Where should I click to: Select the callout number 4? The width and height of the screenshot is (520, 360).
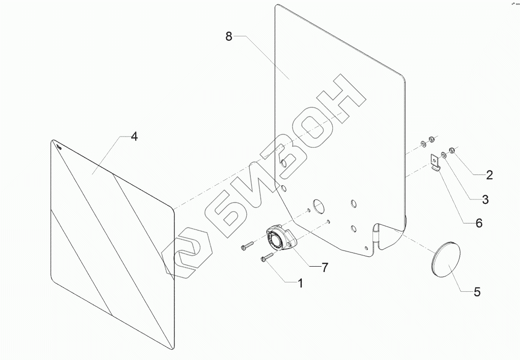[x=134, y=137]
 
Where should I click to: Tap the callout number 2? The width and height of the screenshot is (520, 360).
[x=489, y=174]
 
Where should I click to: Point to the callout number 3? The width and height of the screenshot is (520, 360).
[x=485, y=199]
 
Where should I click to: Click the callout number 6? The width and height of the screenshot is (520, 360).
[x=479, y=223]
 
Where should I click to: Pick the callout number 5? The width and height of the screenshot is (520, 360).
[x=476, y=292]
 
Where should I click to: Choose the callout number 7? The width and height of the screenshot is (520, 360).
[x=325, y=268]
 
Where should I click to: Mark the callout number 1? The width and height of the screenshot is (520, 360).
[x=299, y=283]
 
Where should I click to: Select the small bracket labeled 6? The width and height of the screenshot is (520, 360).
[x=435, y=163]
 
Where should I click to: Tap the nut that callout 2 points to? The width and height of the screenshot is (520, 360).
[x=453, y=151]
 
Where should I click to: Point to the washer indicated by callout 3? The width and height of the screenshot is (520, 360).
[x=444, y=155]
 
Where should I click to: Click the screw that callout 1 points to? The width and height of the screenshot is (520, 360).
[x=266, y=256]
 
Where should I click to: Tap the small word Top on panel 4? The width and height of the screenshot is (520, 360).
[x=58, y=146]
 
